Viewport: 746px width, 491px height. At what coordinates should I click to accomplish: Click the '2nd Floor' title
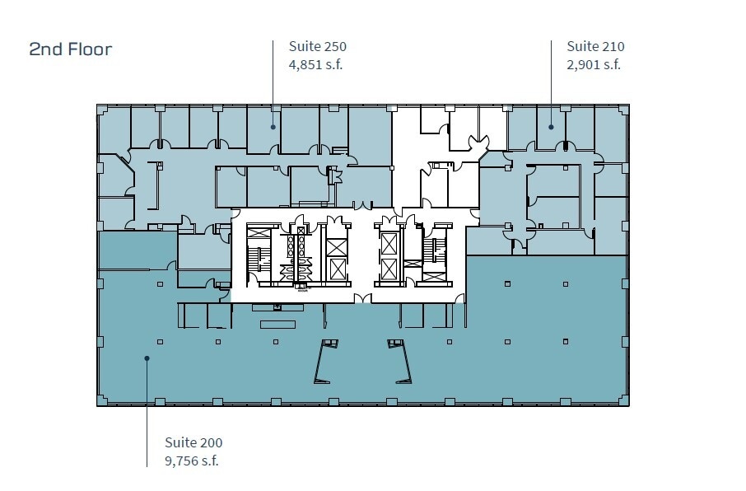[x=71, y=49]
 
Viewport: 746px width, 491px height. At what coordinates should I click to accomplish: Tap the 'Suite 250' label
[x=317, y=47]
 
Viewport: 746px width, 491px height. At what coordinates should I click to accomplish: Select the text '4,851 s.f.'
[x=315, y=65]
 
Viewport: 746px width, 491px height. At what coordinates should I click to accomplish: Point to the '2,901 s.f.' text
[x=594, y=65]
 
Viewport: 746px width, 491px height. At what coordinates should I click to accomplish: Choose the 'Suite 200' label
[x=193, y=443]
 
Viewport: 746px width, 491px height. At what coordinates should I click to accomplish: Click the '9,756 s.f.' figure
[x=192, y=461]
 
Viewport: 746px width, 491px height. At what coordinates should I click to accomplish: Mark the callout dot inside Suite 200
[x=147, y=358]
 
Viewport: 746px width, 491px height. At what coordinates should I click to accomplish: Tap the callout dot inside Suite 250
[x=273, y=127]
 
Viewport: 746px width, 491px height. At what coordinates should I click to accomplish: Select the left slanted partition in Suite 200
[x=324, y=362]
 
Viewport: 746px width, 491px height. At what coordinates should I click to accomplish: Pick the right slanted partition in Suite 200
[x=403, y=362]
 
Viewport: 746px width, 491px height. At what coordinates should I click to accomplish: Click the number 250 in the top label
[x=334, y=47]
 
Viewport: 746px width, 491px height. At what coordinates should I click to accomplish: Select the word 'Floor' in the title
[x=90, y=49]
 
